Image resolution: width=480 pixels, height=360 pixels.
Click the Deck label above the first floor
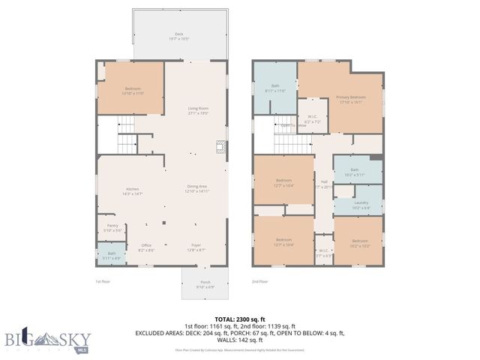click(x=178, y=35)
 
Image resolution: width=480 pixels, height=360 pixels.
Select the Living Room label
click(x=198, y=110)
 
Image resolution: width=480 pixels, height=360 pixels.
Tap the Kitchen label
click(x=133, y=191)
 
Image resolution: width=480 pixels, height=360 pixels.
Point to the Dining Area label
click(x=197, y=188)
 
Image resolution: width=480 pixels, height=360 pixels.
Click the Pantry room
click(x=112, y=227)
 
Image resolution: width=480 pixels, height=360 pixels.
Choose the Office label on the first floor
click(x=146, y=247)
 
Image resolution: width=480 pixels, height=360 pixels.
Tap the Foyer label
click(x=195, y=247)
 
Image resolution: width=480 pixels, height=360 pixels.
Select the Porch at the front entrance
click(x=205, y=284)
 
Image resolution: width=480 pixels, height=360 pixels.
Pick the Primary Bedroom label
click(x=351, y=98)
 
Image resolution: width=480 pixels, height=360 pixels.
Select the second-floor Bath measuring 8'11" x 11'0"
click(x=275, y=88)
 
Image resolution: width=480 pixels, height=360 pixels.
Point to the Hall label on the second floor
click(x=324, y=184)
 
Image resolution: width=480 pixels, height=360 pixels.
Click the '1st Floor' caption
click(x=103, y=282)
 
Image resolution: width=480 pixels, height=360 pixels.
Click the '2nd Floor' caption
click(x=259, y=282)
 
